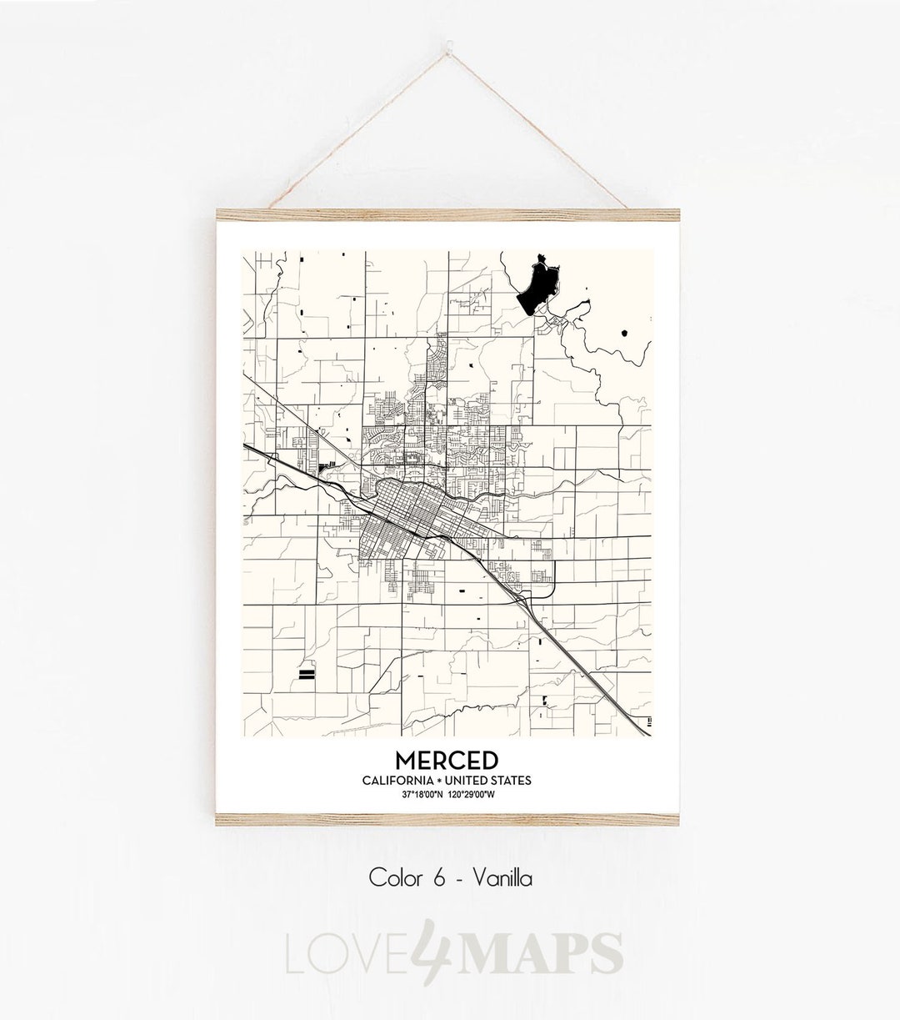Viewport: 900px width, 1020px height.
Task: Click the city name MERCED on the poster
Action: (447, 761)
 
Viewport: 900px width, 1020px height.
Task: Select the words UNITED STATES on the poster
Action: (487, 781)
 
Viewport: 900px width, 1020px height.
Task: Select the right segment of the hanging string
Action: (567, 133)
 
